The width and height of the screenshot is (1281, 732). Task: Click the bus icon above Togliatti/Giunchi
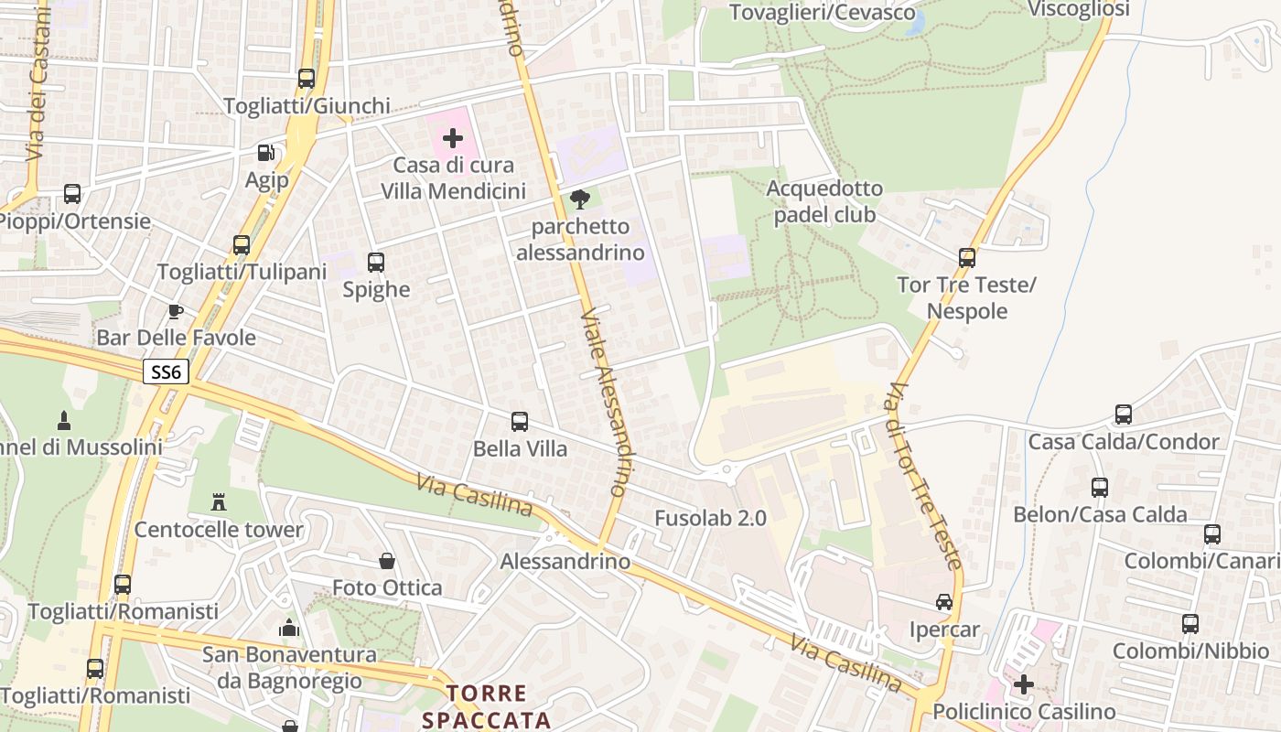[307, 79]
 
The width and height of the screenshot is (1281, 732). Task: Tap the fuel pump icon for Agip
[265, 153]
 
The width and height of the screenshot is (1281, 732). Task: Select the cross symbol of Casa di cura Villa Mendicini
[453, 138]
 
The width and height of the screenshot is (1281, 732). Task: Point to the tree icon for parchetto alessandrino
[579, 199]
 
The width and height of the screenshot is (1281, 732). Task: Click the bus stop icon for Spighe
[376, 263]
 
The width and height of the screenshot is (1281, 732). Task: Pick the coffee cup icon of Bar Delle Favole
[176, 311]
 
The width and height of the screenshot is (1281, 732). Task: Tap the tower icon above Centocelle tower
[219, 502]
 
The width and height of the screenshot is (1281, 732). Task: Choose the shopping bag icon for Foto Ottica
[387, 560]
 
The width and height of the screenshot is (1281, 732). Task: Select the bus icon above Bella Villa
[520, 422]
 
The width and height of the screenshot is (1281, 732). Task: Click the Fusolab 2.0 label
[710, 518]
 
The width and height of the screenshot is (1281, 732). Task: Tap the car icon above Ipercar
[944, 602]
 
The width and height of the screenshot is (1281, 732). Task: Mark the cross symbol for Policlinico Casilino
[1024, 684]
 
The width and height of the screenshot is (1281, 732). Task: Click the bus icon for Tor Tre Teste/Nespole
[967, 258]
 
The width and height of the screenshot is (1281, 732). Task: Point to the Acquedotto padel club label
[824, 201]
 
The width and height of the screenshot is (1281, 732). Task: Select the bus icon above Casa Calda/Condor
[1124, 414]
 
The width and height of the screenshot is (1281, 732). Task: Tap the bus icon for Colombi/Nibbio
[1190, 624]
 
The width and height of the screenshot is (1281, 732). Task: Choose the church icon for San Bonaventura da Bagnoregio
[289, 628]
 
